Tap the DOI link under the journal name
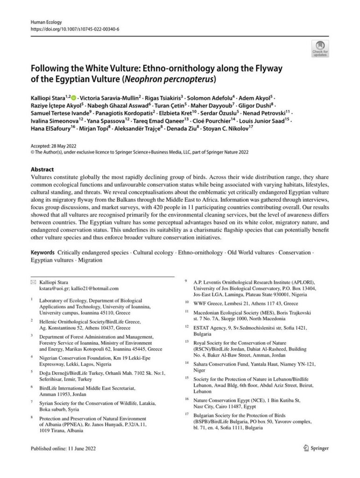pyautogui.click(x=75, y=29)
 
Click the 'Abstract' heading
pyautogui.click(x=42, y=170)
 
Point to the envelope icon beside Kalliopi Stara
pyautogui.click(x=33, y=282)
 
